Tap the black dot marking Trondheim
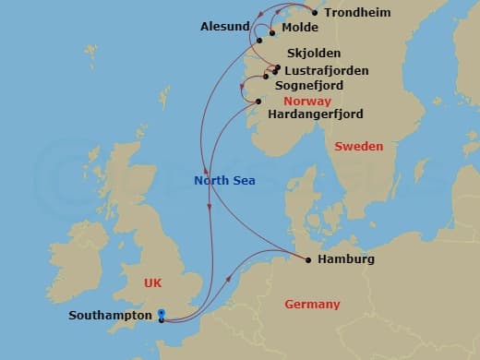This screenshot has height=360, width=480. (315, 13)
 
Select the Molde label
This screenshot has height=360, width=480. (299, 29)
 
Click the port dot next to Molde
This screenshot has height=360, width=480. (272, 32)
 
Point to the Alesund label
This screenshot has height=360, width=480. (225, 27)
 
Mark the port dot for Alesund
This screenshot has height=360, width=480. (259, 40)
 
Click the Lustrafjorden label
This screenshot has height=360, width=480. (327, 70)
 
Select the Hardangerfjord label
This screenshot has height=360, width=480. (314, 114)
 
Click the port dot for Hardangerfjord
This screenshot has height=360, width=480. (259, 102)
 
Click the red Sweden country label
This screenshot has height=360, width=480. (358, 147)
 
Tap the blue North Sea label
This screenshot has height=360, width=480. (224, 181)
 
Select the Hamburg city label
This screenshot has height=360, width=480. (345, 260)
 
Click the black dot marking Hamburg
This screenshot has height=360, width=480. (307, 259)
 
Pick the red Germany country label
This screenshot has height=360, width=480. (312, 305)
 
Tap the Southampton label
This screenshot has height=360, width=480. (110, 316)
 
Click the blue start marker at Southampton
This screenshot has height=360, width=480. (162, 315)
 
